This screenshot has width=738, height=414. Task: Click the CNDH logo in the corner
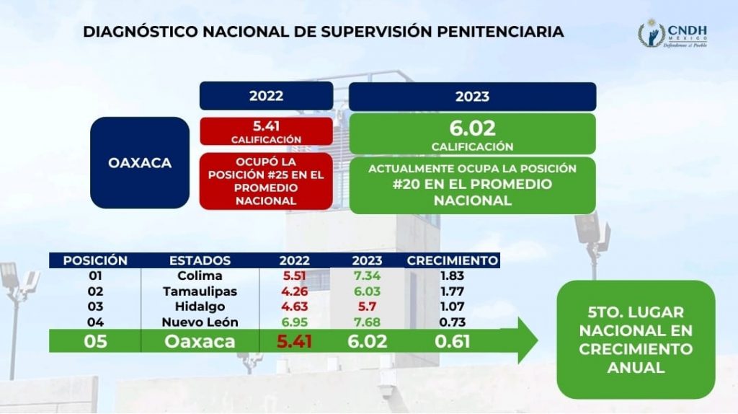pos(672,33)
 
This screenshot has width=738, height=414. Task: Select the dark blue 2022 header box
pos(267,96)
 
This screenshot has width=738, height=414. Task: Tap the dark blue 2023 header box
pos(473,97)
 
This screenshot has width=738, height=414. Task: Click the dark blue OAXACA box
pos(140,162)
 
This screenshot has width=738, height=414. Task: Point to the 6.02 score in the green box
pos(472,128)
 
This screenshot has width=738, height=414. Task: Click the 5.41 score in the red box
pos(267,126)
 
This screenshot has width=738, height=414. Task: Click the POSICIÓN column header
pos(95,260)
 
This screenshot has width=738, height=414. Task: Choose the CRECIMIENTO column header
pos(453,260)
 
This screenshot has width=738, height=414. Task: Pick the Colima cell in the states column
pos(200,276)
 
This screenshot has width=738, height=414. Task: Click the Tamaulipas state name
pos(200,291)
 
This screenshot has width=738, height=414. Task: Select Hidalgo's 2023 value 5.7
pos(367,307)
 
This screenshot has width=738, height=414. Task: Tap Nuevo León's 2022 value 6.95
pos(295,322)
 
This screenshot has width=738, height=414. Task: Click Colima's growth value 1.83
pos(453,276)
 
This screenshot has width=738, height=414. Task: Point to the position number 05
pos(95,341)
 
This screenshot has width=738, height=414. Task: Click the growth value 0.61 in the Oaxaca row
pos(453,341)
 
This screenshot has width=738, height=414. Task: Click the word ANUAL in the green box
pos(636,367)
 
